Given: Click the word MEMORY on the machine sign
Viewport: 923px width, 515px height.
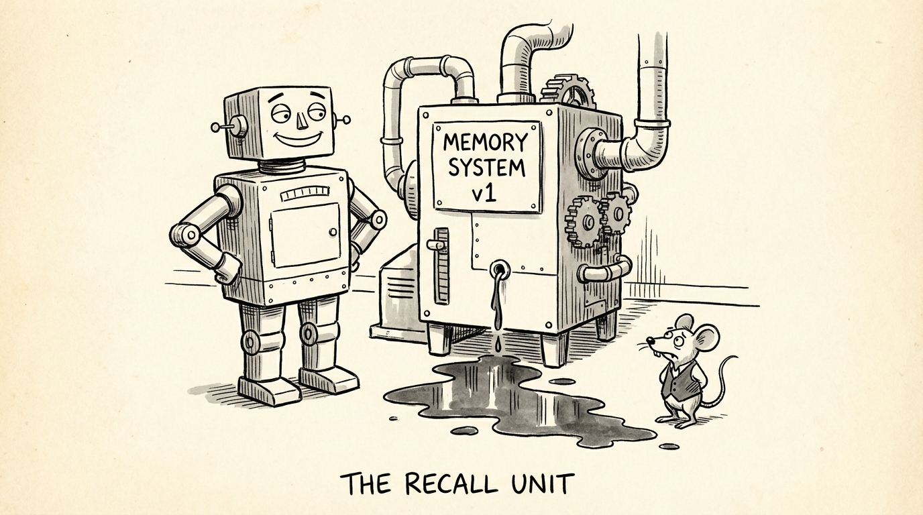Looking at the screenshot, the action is [485, 143].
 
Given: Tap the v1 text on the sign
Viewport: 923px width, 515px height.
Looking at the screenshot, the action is [484, 194].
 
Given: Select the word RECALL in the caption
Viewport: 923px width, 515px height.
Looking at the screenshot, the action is [450, 483].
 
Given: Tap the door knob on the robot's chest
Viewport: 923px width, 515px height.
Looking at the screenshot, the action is [333, 232].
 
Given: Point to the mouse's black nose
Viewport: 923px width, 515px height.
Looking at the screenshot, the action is [649, 340].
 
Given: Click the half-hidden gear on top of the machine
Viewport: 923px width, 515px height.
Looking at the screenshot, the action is [567, 91].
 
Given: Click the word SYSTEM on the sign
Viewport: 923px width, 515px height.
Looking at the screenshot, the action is [486, 168].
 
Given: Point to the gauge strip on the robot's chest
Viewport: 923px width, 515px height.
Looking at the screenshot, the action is [305, 194].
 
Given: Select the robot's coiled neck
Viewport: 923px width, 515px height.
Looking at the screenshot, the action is [282, 166].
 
